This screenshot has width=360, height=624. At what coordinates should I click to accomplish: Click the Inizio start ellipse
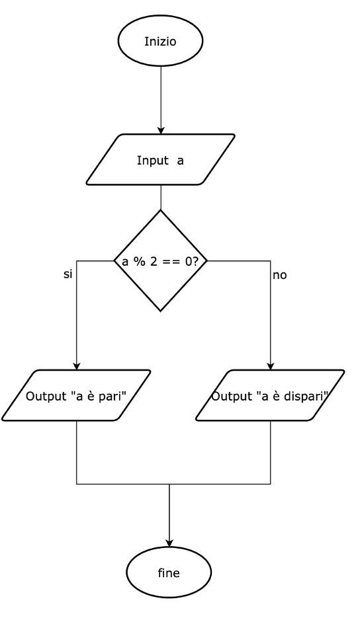[161, 40]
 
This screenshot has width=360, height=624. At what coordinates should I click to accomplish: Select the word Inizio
[160, 42]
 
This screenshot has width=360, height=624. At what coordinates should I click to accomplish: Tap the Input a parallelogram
[161, 159]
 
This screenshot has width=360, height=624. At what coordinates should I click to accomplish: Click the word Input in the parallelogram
[153, 161]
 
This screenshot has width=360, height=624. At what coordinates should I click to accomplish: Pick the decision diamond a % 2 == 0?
[161, 260]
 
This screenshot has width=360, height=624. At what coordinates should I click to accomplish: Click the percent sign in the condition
[140, 262]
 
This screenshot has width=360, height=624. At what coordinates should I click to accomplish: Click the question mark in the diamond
[195, 262]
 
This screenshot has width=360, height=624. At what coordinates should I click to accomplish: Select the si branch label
[68, 274]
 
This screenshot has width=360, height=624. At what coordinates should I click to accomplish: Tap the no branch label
[279, 276]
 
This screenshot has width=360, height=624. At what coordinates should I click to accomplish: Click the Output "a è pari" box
[77, 395]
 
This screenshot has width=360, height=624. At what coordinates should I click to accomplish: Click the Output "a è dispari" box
[271, 395]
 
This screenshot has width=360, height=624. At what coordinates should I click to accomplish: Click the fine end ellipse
[169, 572]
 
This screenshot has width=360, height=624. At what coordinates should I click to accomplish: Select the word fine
[169, 573]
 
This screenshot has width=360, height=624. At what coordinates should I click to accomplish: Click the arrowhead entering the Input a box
[161, 130]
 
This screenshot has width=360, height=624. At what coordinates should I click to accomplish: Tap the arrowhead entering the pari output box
[77, 366]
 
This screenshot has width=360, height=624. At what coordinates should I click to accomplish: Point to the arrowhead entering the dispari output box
[271, 366]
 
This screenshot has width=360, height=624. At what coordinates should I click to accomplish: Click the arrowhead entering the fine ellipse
[169, 543]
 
